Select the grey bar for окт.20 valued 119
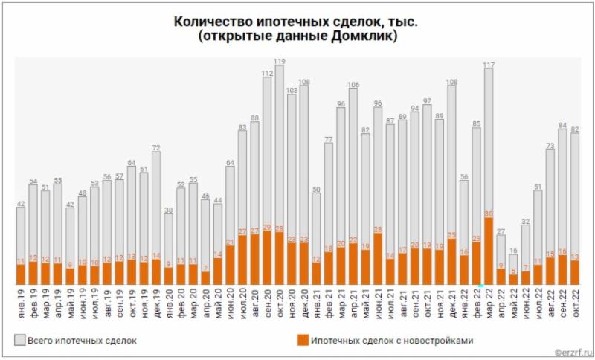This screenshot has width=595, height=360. pos(280,149)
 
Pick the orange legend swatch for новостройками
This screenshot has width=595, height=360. pos(301,341)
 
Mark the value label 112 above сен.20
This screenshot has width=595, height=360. pos(268,73)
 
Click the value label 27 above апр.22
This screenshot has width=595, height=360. pos(501,232)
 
